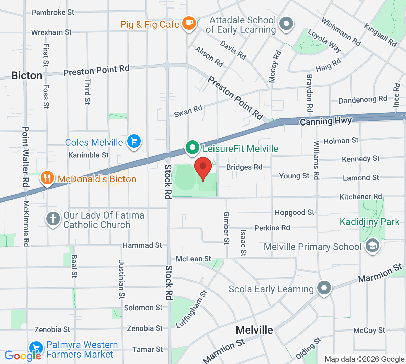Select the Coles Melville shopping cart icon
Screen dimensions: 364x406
pos(134,141)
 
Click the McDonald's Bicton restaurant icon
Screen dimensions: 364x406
pos(47,178)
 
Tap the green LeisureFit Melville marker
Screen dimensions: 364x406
pos(193,147)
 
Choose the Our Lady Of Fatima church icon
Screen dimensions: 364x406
pos(53,219)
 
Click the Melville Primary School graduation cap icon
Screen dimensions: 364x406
pos(373,246)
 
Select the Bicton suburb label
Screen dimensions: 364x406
pos(27,75)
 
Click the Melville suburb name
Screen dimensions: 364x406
pos(254,330)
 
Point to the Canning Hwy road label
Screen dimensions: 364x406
pos(326,121)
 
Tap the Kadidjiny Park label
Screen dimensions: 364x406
pos(369,222)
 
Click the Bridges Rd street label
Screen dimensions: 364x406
pos(244,167)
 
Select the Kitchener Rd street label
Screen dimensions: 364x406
pos(360,197)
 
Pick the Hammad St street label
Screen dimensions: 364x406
pos(142,245)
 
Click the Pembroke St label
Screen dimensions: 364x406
pos(52,13)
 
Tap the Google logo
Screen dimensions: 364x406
pos(23,356)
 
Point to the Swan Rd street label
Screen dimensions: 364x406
pos(188,111)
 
